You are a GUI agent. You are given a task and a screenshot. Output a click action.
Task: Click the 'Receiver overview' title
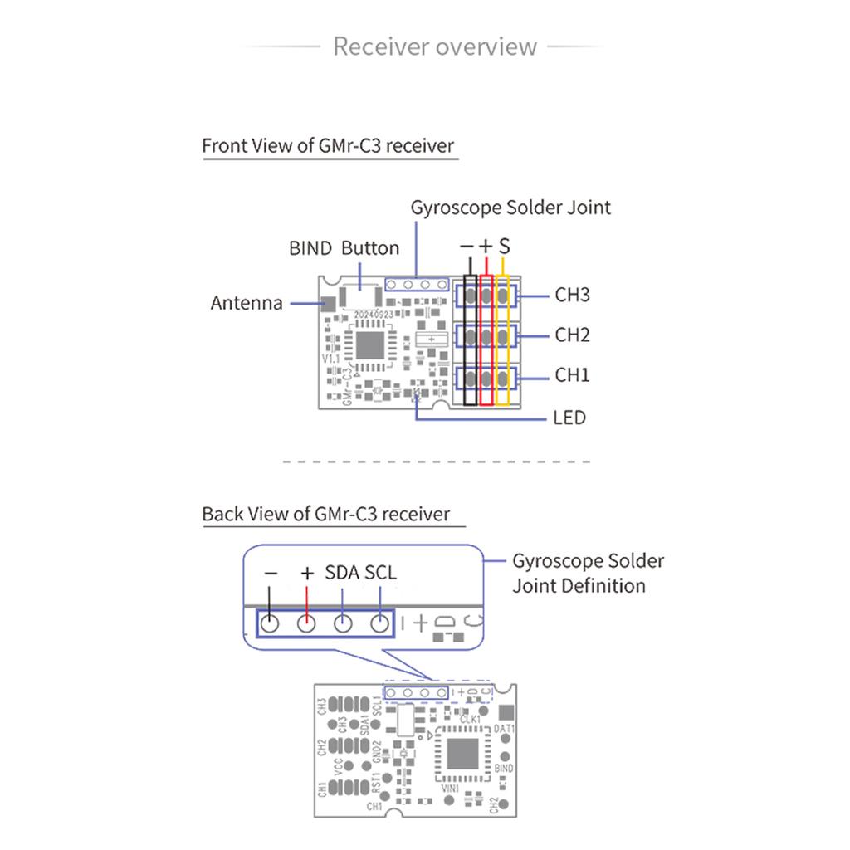[435, 46]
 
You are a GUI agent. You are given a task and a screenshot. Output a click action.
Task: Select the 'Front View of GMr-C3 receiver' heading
[329, 146]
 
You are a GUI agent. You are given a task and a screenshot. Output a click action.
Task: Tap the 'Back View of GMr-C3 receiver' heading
[326, 514]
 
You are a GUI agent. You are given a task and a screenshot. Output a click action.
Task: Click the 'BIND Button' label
[344, 248]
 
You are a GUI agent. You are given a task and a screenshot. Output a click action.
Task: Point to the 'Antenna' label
[247, 303]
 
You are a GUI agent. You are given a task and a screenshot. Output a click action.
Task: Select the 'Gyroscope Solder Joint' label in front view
[510, 208]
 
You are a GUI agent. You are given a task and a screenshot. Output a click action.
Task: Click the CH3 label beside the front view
[572, 295]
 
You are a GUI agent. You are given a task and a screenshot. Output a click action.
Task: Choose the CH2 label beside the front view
[572, 335]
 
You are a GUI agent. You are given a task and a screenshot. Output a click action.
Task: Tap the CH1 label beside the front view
[572, 375]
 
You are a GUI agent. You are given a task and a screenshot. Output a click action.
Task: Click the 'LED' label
[569, 417]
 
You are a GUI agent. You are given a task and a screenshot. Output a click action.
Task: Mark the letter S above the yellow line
[504, 247]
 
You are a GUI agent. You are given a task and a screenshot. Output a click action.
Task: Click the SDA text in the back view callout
[342, 573]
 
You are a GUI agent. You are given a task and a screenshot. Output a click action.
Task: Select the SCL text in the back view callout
[380, 573]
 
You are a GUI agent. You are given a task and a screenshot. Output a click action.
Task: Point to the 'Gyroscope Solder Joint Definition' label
[588, 574]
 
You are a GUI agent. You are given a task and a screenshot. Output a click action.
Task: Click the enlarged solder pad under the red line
[306, 623]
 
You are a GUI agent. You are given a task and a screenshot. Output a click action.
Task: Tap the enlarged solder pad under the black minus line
[269, 623]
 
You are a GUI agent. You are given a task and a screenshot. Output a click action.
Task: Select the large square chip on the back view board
[462, 754]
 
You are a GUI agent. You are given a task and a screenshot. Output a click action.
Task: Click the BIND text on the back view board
[504, 769]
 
